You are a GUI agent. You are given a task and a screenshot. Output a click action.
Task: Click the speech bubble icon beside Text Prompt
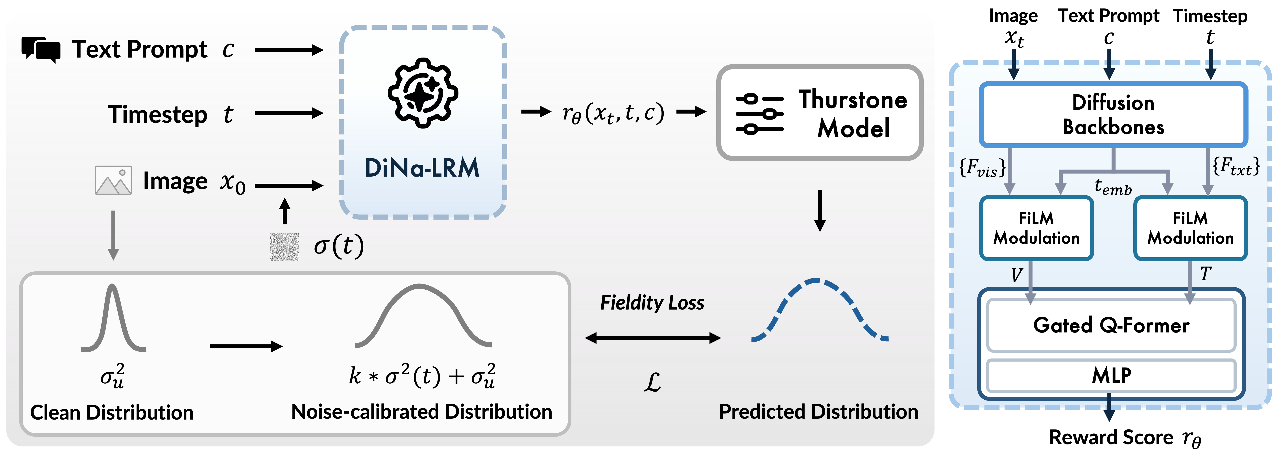(x=41, y=49)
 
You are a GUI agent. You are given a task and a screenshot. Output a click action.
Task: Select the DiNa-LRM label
(x=422, y=168)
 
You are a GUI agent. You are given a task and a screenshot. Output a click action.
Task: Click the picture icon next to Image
(x=113, y=180)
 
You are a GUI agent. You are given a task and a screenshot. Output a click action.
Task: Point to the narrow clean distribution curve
(x=113, y=318)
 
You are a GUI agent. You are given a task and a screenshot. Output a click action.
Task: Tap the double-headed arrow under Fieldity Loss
(x=652, y=338)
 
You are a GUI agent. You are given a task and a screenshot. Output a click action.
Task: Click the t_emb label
(x=1113, y=187)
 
